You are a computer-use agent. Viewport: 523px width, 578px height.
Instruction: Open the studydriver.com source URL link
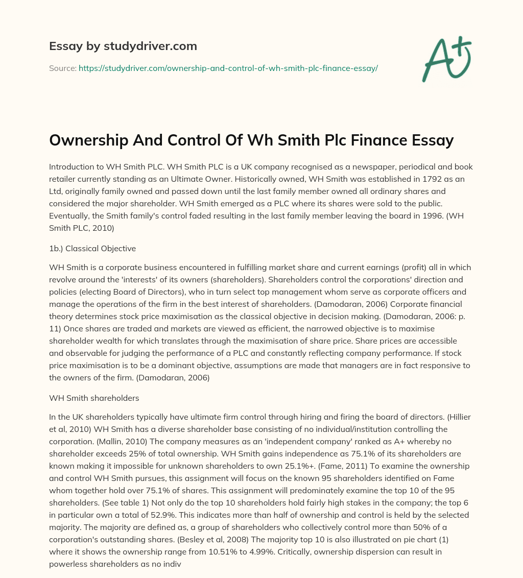pyautogui.click(x=228, y=68)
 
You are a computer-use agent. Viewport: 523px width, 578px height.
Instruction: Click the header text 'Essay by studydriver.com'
pyautogui.click(x=123, y=46)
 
